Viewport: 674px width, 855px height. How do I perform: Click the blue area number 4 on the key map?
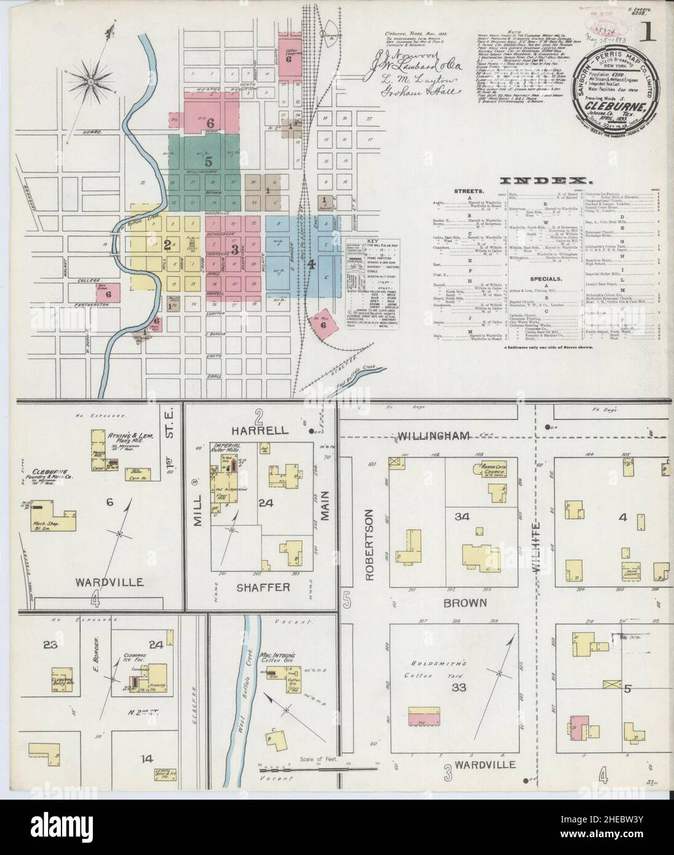(312, 264)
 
